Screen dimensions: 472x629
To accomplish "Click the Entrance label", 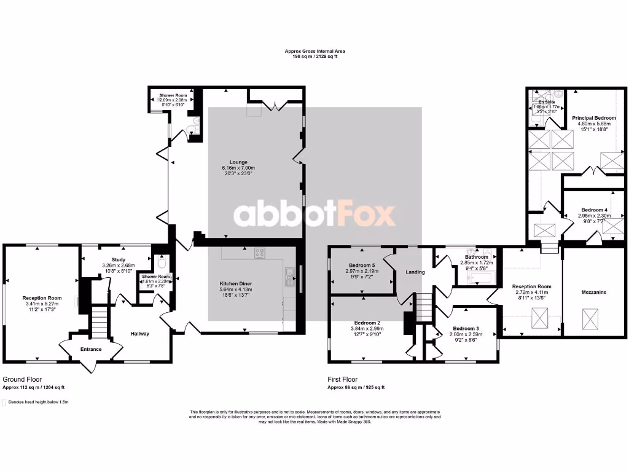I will pos(90,349).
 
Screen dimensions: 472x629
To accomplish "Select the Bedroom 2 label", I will pos(367,323).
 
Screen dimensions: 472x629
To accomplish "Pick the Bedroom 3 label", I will pos(464,328).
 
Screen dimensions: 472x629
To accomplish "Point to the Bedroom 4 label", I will pos(594,210).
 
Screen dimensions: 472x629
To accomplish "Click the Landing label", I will pos(415,272).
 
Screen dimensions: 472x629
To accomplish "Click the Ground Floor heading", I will pos(23,380).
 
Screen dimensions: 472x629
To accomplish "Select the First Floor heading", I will pos(342,380).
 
